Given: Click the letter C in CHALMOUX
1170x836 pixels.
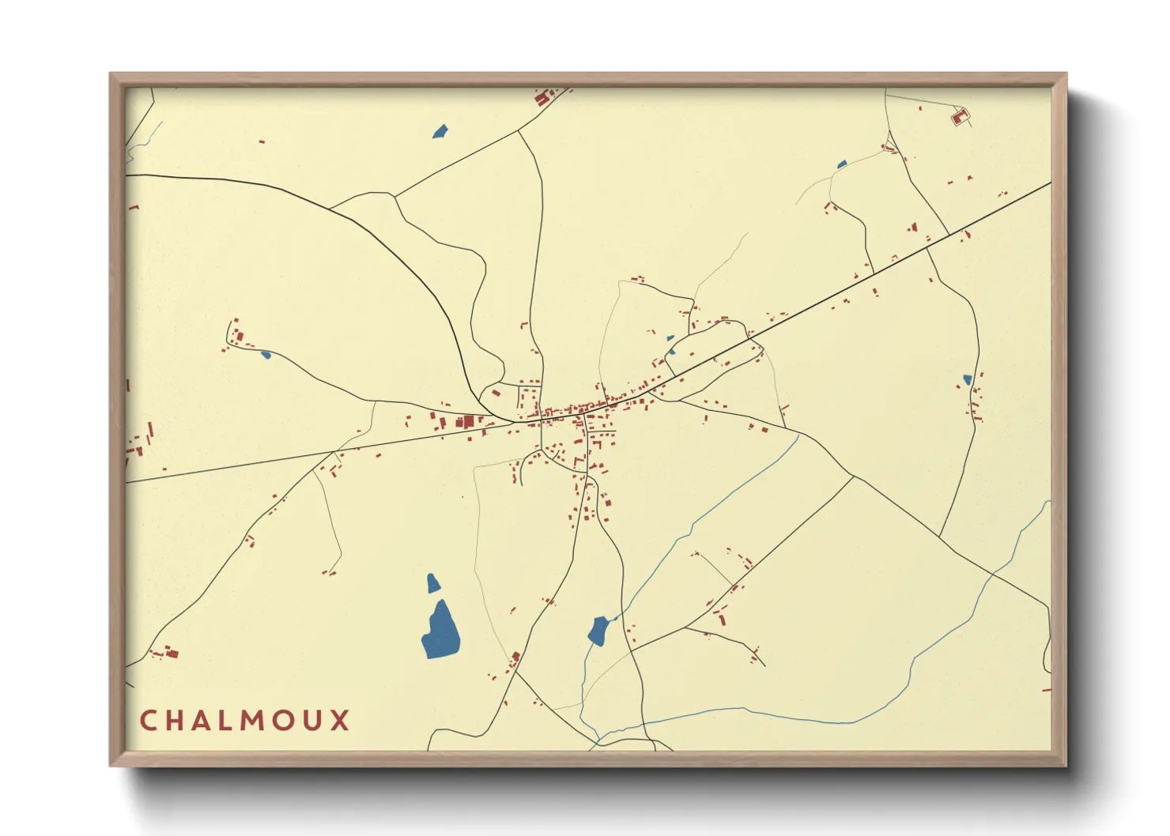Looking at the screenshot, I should click(x=148, y=721).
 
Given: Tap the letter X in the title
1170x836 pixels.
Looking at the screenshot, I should click(x=340, y=721).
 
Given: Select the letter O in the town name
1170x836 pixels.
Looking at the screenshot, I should click(x=282, y=721).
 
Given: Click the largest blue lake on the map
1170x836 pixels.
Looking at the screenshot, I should click(x=440, y=630).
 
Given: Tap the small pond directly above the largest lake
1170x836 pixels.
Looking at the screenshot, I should click(x=432, y=583).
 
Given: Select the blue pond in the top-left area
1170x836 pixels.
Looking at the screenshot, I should click(x=440, y=131).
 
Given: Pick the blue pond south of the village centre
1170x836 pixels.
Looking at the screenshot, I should click(x=598, y=631).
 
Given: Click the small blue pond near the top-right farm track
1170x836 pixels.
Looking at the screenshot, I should click(x=841, y=165).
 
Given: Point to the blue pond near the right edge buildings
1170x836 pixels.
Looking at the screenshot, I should click(x=966, y=380).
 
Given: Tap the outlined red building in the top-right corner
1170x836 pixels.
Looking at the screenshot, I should click(x=960, y=117).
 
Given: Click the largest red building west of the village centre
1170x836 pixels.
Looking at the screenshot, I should click(x=468, y=421).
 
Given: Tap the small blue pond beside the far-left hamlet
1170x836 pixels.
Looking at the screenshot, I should click(x=266, y=354).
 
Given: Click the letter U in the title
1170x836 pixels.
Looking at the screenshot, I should click(x=311, y=721).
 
